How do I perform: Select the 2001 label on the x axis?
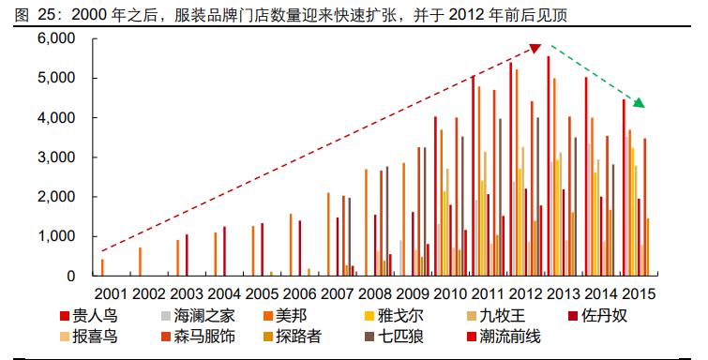(x=112, y=292)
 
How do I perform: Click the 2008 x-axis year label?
(x=379, y=292)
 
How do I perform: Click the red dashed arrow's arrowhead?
(x=536, y=48)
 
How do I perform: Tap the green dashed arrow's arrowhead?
(x=640, y=102)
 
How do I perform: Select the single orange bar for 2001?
(x=102, y=267)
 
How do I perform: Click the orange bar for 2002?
(x=140, y=262)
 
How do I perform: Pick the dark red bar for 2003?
(x=187, y=255)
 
